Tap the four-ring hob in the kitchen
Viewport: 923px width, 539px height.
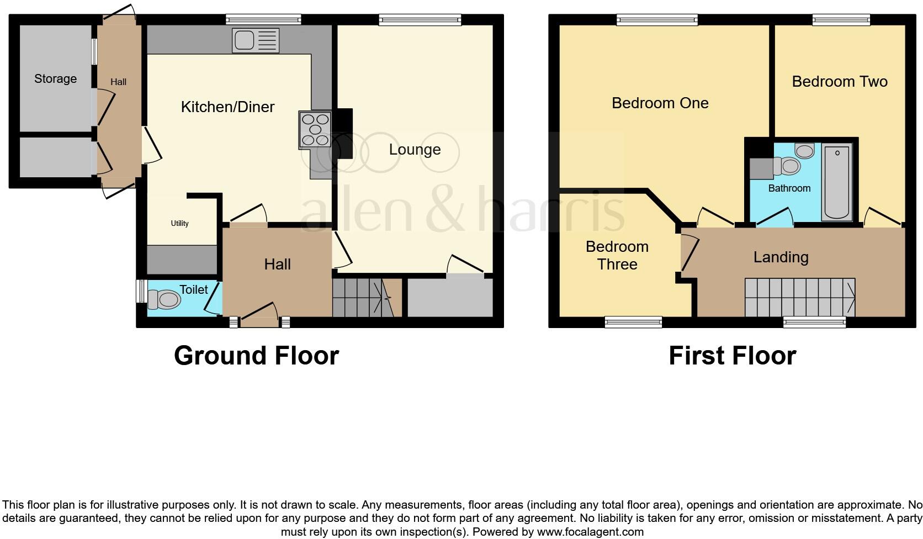click(315, 130)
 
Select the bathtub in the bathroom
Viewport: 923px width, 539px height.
click(837, 182)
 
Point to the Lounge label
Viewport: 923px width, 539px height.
click(415, 150)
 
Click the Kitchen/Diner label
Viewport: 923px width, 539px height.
click(227, 107)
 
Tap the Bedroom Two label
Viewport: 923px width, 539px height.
click(839, 82)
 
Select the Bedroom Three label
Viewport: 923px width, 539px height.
click(617, 255)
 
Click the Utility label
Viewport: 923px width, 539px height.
click(179, 223)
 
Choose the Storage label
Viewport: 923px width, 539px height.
click(55, 78)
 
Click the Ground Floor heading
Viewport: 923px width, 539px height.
click(256, 356)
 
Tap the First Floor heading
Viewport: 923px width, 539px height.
click(732, 356)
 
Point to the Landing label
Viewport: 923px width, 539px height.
click(781, 257)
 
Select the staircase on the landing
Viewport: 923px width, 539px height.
click(799, 297)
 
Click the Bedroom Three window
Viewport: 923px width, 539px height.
click(633, 321)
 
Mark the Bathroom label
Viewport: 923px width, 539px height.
click(789, 188)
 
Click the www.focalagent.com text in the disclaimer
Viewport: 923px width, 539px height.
click(590, 532)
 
